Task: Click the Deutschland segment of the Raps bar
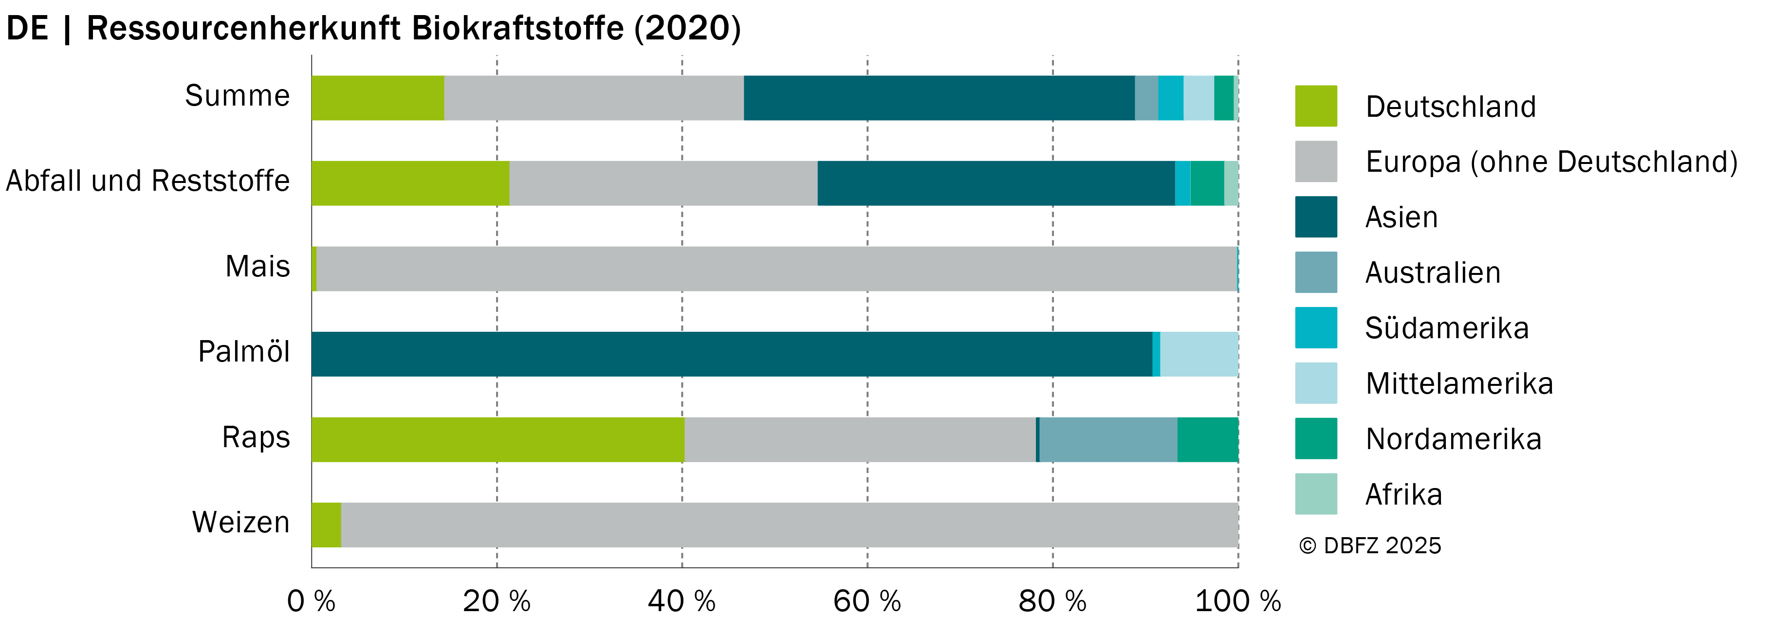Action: (x=498, y=439)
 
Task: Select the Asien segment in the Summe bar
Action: (x=939, y=98)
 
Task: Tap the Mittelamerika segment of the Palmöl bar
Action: (x=1199, y=354)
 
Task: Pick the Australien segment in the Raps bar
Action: (x=1108, y=439)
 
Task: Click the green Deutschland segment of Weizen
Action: (x=326, y=525)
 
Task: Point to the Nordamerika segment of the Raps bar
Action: (x=1208, y=439)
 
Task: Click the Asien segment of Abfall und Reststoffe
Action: (x=996, y=183)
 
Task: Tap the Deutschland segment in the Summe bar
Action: (x=378, y=98)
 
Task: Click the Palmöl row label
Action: (x=244, y=352)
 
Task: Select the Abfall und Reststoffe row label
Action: (x=148, y=181)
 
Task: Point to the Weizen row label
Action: (x=241, y=523)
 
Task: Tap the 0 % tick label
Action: (x=311, y=602)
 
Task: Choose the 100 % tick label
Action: (x=1238, y=602)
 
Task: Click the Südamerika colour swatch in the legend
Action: (x=1316, y=328)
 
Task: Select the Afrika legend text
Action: (x=1404, y=494)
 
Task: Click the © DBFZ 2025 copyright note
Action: (x=1369, y=545)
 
